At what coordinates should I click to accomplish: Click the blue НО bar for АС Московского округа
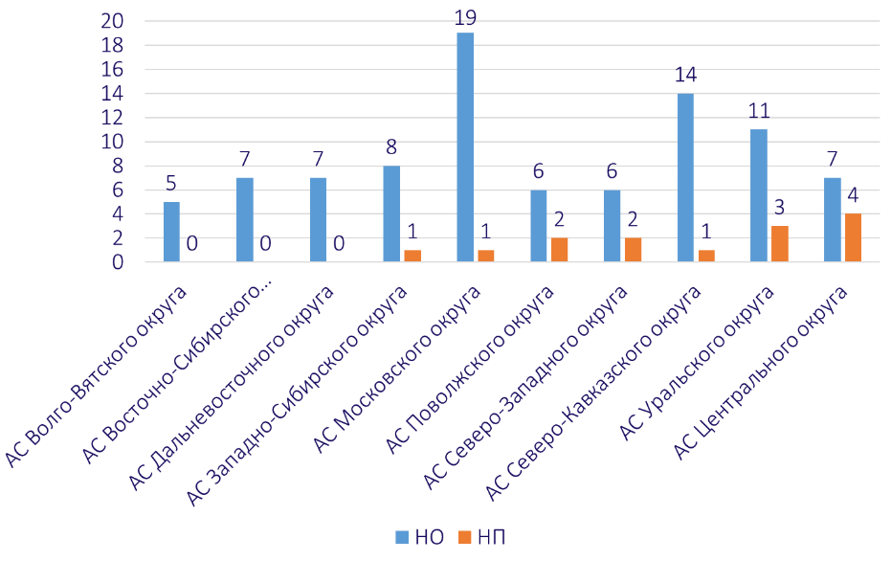[x=465, y=146]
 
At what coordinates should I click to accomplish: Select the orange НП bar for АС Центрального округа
[x=853, y=237]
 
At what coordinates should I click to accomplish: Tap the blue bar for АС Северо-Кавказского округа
[x=685, y=177]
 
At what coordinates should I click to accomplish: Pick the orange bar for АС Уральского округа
[x=779, y=243]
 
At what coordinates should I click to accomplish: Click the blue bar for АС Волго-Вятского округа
[x=170, y=231]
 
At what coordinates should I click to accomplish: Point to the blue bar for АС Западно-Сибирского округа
[x=391, y=213]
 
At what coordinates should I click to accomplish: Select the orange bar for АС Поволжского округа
[x=559, y=249]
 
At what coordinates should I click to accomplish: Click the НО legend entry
[x=420, y=537]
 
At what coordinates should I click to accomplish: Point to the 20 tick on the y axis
[x=112, y=20]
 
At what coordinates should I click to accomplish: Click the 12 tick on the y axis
[x=112, y=117]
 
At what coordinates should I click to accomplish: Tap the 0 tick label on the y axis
[x=118, y=261]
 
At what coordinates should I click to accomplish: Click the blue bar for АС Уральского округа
[x=759, y=194]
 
